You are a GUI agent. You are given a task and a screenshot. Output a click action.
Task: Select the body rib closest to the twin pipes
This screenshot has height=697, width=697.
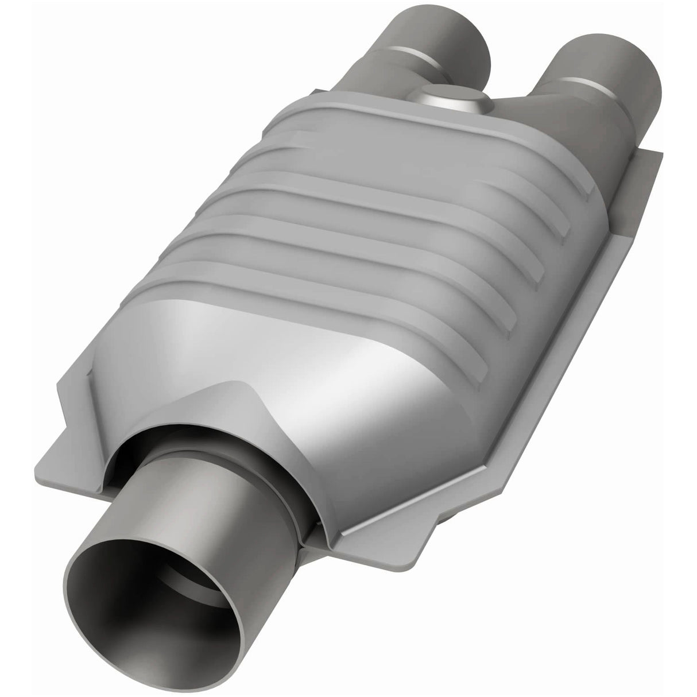tap(436, 166)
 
